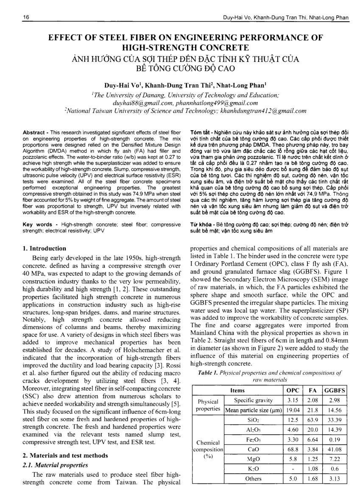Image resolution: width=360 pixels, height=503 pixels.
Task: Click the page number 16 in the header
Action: pos(14,17)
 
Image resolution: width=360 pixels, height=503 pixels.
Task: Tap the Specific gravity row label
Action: pos(254,400)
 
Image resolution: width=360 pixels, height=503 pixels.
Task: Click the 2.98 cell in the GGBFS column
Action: pos(334,400)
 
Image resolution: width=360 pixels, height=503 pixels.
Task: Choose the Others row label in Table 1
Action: pos(253,478)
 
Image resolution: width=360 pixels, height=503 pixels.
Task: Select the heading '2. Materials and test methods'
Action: pos(61,456)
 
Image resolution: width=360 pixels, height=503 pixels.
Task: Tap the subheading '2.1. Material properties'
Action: pos(55,465)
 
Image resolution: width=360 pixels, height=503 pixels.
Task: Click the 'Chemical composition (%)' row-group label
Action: pos(208,449)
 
